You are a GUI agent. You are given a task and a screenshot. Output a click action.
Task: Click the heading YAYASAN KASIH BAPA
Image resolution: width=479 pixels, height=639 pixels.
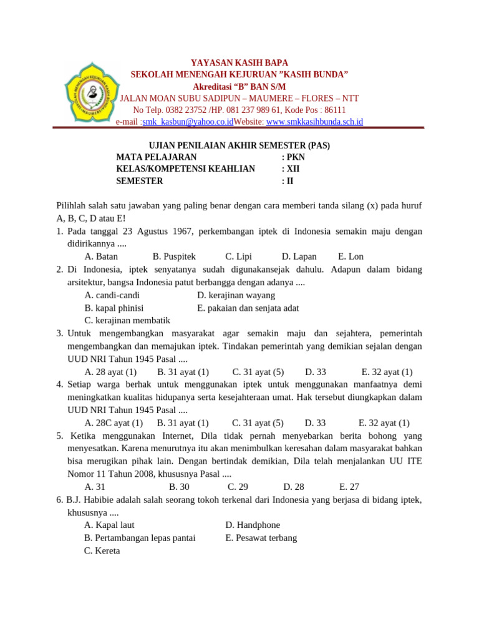tap(239, 63)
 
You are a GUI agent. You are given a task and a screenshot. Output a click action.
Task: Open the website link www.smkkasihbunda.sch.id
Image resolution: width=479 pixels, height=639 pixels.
tap(314, 122)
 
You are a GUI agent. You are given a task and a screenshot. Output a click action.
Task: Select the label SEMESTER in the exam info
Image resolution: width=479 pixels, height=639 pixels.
tap(140, 181)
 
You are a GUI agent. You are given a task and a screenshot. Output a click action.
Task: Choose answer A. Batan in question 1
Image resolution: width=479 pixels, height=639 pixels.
tap(101, 256)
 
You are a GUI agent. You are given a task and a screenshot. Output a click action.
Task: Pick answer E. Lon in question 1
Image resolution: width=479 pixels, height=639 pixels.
tap(351, 256)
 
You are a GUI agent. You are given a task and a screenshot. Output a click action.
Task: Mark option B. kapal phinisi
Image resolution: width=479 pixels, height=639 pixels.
tap(114, 308)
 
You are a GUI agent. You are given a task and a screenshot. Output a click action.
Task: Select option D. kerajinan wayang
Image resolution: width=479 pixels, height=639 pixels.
tap(236, 295)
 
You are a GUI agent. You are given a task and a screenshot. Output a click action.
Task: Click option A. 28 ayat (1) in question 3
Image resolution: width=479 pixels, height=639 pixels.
tap(110, 371)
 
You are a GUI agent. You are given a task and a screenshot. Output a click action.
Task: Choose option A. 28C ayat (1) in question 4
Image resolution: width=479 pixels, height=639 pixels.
tap(114, 422)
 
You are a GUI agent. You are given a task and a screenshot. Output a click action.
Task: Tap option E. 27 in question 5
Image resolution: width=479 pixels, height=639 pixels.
tap(349, 486)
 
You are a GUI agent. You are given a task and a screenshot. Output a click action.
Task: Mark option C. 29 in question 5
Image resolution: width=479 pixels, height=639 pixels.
tap(238, 486)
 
